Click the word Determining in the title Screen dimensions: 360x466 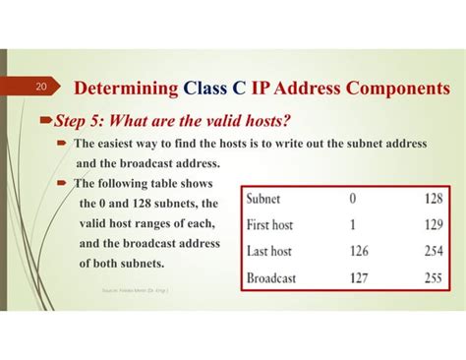[x=125, y=89]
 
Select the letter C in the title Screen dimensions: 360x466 [x=239, y=89]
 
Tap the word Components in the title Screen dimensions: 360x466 [x=390, y=89]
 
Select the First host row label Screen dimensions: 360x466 [x=276, y=223]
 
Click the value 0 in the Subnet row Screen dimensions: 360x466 [x=354, y=198]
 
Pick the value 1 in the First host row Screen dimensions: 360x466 [x=354, y=223]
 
